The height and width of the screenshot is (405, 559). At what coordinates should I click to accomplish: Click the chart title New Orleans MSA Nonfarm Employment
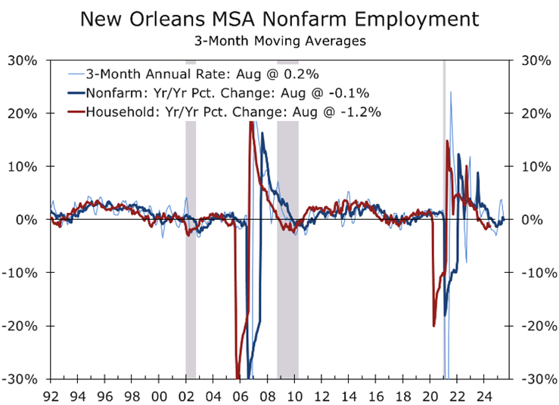click(x=279, y=18)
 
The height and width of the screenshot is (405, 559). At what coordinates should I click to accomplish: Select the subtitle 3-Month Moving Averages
click(x=279, y=41)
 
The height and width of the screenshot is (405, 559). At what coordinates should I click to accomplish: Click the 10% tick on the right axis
click(x=531, y=167)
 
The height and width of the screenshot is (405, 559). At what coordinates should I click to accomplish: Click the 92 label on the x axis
click(x=51, y=394)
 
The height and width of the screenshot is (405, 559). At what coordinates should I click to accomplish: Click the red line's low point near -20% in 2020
click(x=433, y=326)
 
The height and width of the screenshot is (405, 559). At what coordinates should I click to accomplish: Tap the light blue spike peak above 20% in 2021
click(x=451, y=92)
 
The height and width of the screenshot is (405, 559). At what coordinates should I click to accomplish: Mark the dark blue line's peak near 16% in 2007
click(x=262, y=134)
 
